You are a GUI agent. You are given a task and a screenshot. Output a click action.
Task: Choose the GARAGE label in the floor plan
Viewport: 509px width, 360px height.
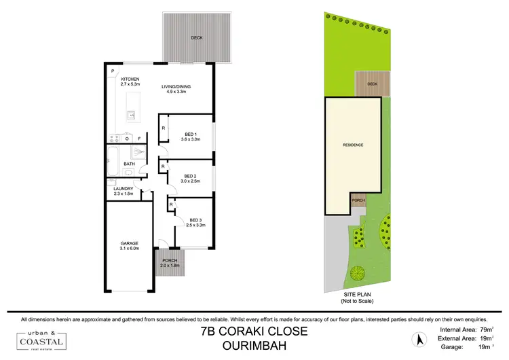pyautogui.click(x=130, y=245)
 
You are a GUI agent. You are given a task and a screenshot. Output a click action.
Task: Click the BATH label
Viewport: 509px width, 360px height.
pyautogui.click(x=129, y=164)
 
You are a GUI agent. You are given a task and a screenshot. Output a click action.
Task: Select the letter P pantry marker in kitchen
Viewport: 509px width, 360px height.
pyautogui.click(x=113, y=71)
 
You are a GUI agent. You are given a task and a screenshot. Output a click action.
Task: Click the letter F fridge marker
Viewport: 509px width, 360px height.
pyautogui.click(x=140, y=139)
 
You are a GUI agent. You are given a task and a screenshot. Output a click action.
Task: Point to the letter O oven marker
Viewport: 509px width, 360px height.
pyautogui.click(x=126, y=139)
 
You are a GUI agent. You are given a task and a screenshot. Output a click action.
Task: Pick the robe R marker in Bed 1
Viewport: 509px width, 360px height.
pyautogui.click(x=164, y=127)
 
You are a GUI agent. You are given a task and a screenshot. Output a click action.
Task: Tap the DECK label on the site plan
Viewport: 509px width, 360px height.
pyautogui.click(x=372, y=84)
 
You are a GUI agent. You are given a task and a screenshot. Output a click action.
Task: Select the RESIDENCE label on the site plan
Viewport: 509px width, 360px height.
pyautogui.click(x=353, y=145)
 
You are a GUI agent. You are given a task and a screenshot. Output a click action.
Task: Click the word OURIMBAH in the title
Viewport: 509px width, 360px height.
pyautogui.click(x=254, y=345)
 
